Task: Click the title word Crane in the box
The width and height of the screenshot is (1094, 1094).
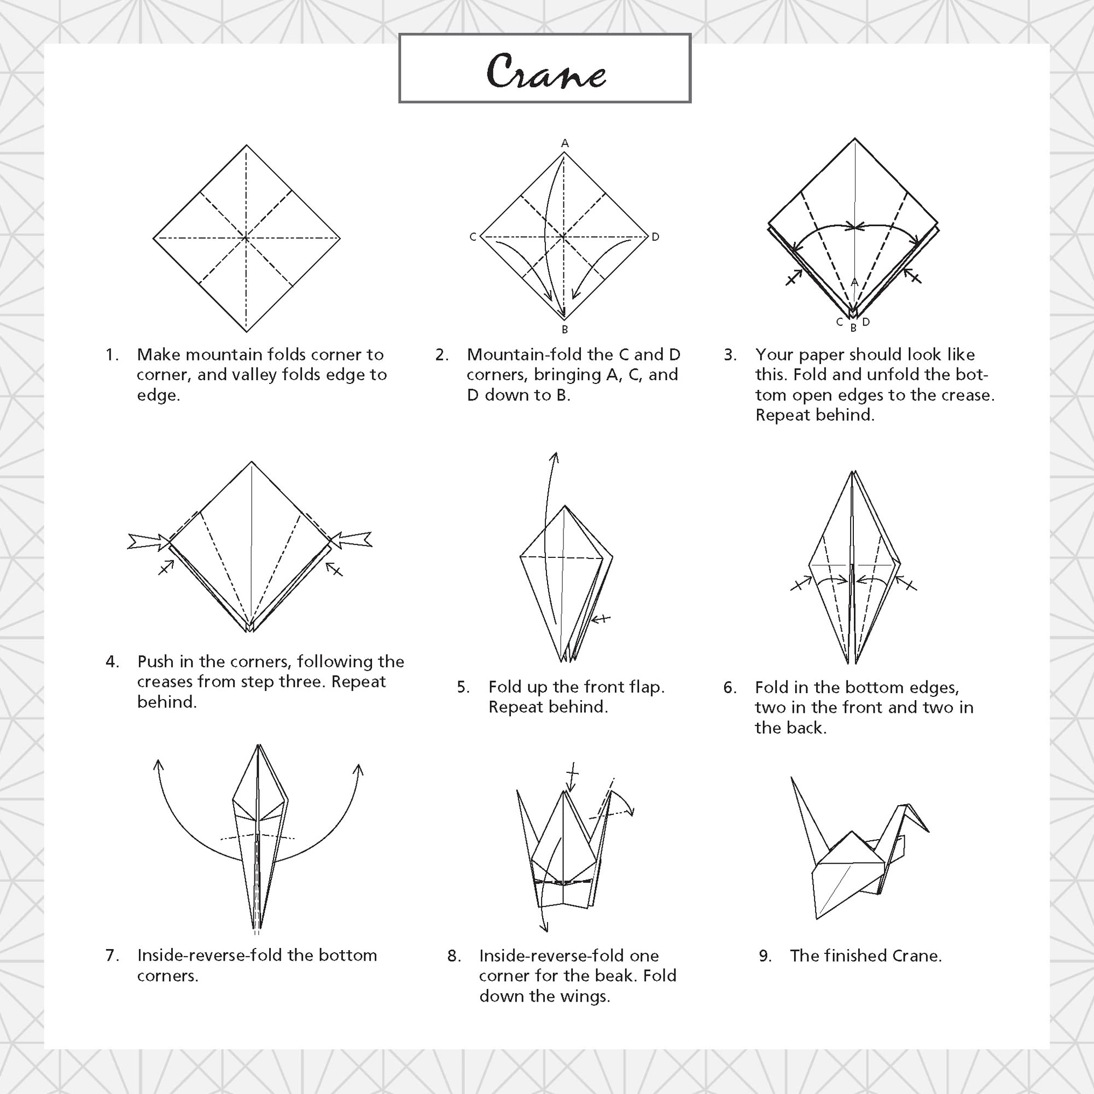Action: click(x=546, y=72)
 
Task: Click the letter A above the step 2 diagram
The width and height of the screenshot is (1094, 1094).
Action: click(x=565, y=144)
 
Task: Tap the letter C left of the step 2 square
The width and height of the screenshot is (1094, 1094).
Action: click(x=473, y=237)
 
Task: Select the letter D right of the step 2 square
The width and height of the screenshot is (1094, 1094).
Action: click(x=655, y=237)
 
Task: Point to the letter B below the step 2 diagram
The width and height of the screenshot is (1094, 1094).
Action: click(x=565, y=329)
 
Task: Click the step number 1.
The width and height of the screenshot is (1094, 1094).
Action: click(x=111, y=355)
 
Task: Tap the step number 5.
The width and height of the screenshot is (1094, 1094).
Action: click(x=463, y=688)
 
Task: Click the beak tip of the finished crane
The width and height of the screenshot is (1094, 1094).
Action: click(x=929, y=831)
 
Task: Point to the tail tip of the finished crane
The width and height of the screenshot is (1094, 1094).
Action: click(x=792, y=777)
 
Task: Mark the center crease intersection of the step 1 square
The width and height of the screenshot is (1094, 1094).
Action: click(x=246, y=238)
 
